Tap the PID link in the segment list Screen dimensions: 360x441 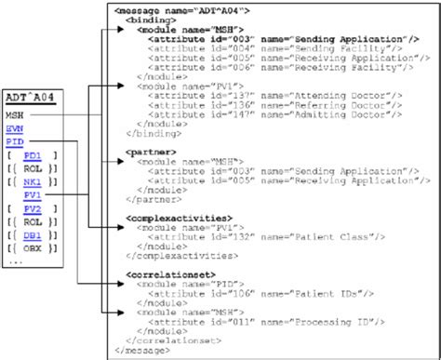[x=13, y=140]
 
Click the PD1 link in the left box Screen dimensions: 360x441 [x=32, y=154]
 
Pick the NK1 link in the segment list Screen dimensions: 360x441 [x=32, y=181]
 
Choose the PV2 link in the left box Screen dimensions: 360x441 [x=32, y=209]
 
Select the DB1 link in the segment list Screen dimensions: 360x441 [x=32, y=236]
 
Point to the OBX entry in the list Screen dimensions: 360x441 [x=32, y=250]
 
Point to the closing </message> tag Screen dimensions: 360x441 [x=140, y=352]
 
